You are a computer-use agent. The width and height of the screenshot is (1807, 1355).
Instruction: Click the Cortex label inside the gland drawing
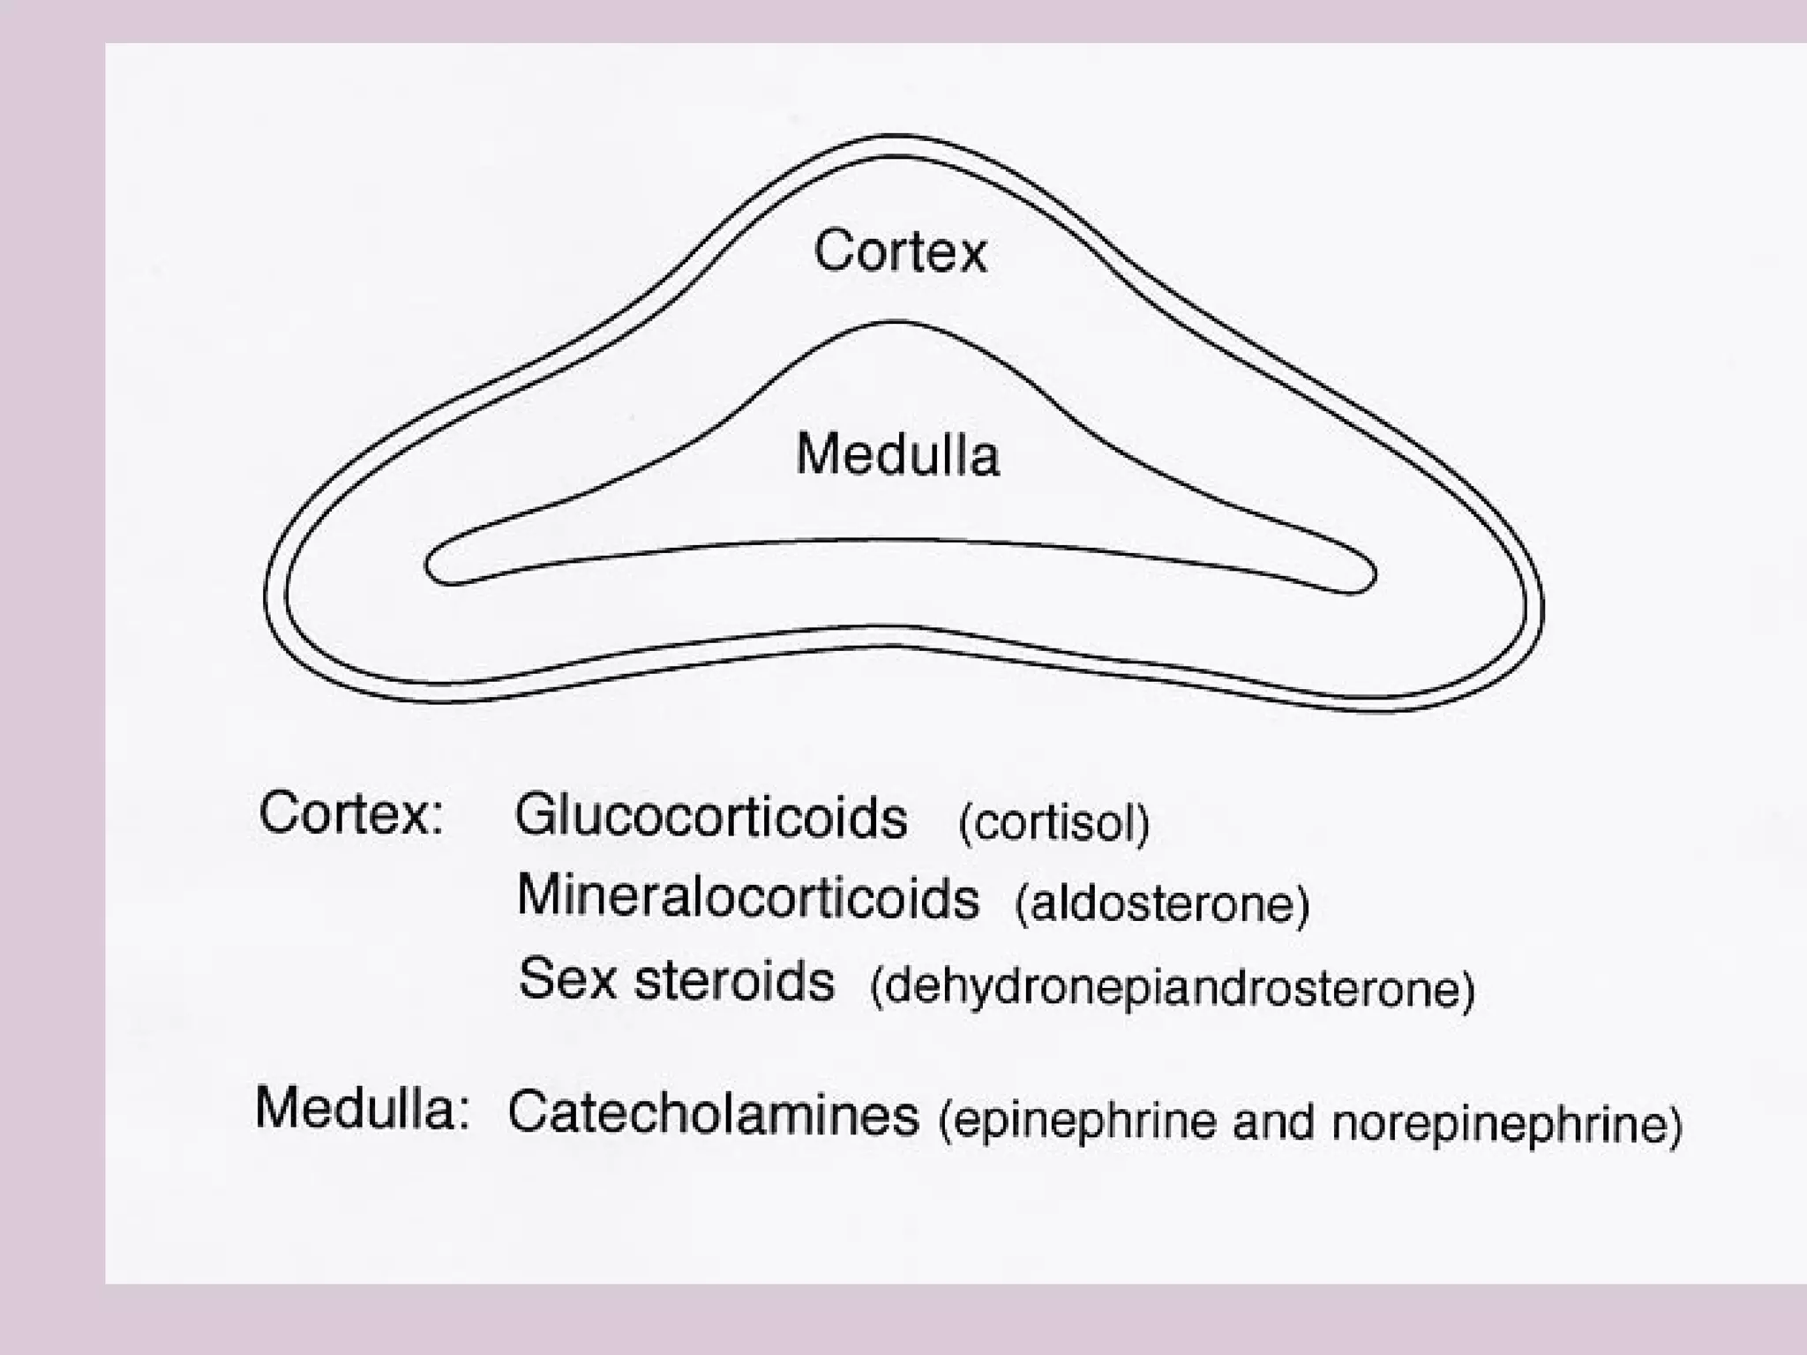tap(899, 251)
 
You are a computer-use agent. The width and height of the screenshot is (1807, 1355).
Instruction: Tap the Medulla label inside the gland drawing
tap(897, 455)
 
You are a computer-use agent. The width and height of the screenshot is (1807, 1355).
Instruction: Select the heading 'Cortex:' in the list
tap(350, 813)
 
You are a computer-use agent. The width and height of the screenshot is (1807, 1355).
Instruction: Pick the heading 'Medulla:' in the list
tap(361, 1108)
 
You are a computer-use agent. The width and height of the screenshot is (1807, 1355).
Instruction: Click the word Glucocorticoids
tap(710, 817)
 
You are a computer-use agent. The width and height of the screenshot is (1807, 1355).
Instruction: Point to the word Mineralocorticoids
tap(747, 897)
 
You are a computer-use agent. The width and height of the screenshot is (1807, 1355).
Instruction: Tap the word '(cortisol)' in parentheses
tap(1053, 824)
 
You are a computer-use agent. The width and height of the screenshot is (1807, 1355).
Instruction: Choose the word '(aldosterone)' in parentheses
tap(1162, 904)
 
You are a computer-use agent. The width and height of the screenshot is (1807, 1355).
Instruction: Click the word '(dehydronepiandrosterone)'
tap(1172, 988)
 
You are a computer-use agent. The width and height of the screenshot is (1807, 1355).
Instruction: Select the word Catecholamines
tap(713, 1114)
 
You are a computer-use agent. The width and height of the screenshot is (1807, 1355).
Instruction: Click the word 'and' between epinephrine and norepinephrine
tap(1274, 1123)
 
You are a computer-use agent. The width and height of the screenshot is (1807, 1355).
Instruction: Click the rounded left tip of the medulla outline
tap(427, 565)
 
